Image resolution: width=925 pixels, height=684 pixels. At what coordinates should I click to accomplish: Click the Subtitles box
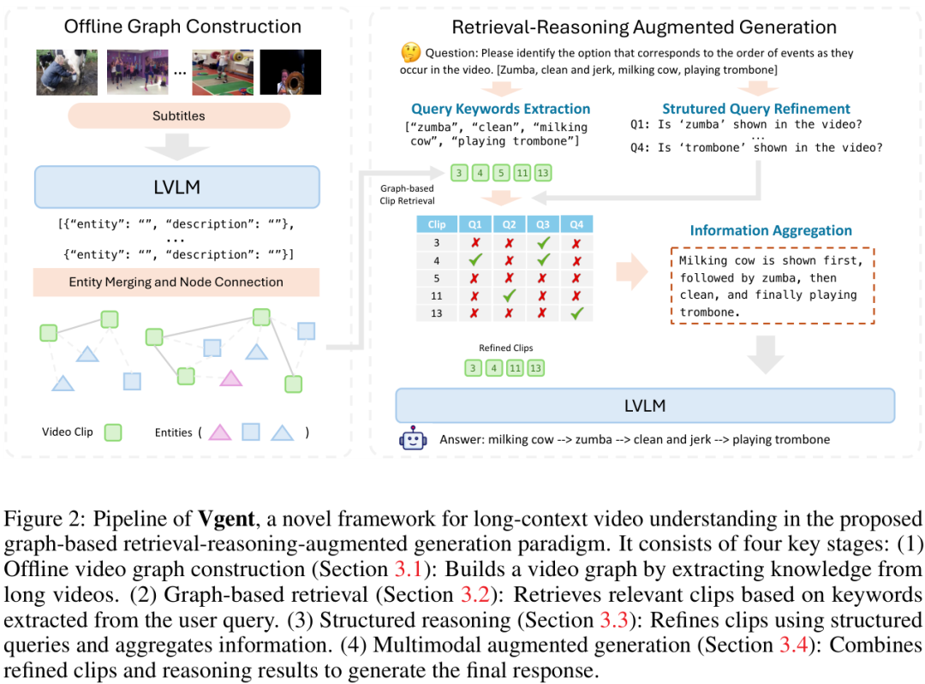(178, 115)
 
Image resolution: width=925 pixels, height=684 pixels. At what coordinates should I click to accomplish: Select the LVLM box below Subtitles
(176, 187)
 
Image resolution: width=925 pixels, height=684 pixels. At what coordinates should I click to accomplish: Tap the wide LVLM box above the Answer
(644, 406)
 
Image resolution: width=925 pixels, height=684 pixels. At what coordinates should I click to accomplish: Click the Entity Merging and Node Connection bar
(176, 282)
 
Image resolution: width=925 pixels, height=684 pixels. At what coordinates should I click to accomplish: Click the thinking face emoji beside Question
(411, 53)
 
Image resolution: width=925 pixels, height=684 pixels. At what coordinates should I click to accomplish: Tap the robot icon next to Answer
(413, 440)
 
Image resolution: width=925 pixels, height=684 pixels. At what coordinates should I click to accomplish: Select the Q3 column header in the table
(543, 225)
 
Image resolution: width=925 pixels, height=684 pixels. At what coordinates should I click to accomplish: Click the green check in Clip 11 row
(509, 295)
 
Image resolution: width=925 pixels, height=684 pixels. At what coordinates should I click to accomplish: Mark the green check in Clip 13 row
(576, 313)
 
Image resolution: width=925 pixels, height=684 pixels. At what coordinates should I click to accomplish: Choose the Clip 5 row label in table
(437, 278)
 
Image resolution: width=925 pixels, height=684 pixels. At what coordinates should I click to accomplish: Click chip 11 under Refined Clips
(514, 369)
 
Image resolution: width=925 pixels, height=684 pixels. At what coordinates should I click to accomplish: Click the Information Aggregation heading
(771, 230)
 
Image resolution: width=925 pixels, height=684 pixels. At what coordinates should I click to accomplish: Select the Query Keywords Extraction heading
(500, 109)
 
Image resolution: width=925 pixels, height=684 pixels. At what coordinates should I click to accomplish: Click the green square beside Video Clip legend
(112, 432)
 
